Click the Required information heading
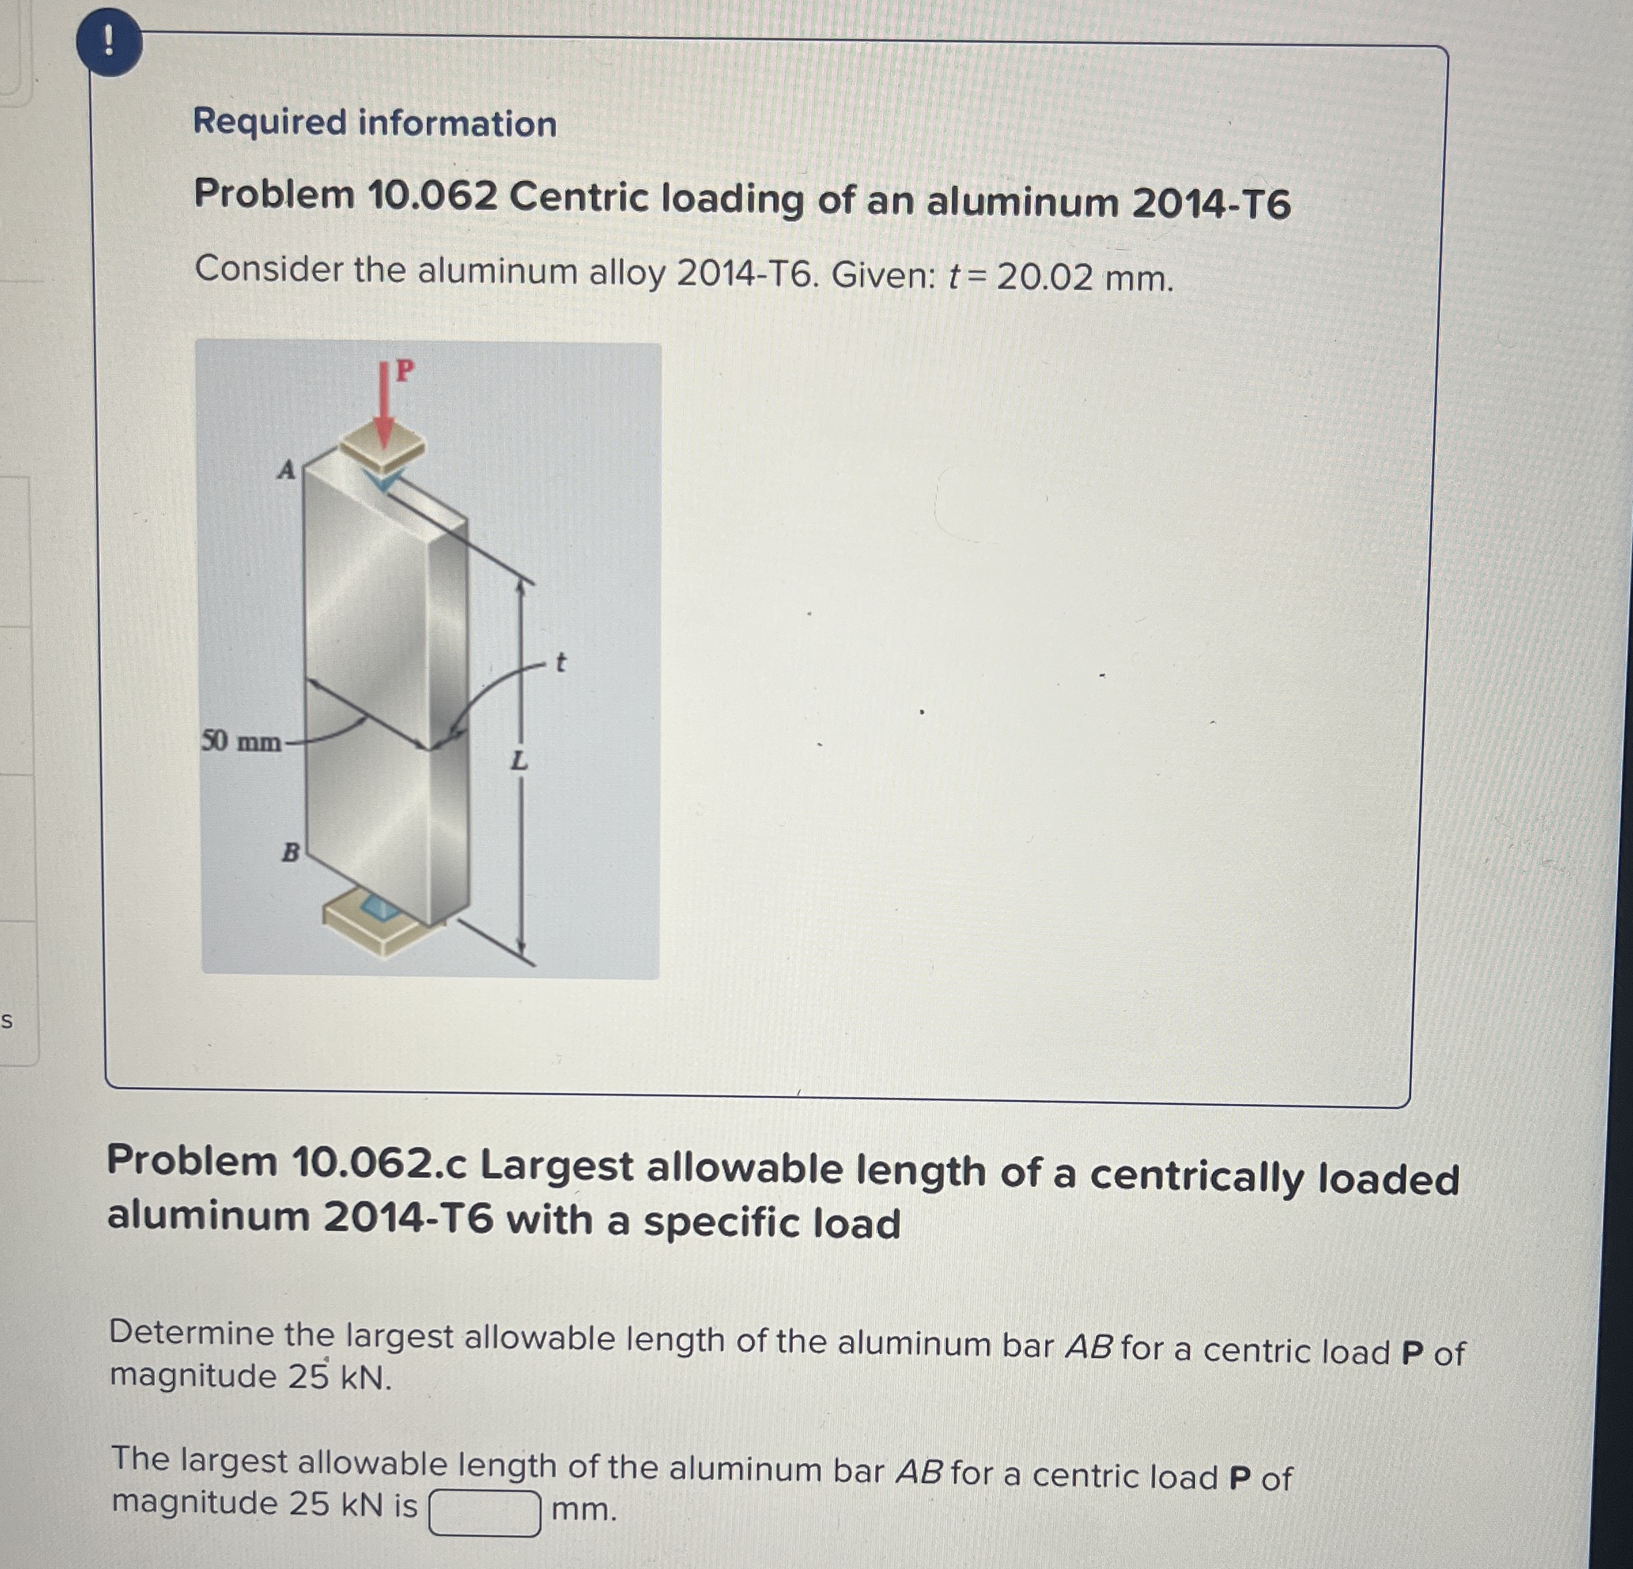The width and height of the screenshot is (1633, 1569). (x=375, y=123)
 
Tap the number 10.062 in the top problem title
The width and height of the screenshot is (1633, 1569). (x=432, y=196)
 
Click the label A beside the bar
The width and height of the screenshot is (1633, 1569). (x=286, y=471)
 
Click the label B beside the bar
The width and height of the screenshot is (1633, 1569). (x=290, y=852)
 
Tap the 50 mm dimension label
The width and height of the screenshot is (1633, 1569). (x=241, y=741)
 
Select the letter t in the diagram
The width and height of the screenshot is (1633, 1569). (x=560, y=662)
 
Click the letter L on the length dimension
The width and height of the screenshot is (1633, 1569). (x=519, y=760)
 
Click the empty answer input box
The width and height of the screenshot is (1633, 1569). (x=484, y=1513)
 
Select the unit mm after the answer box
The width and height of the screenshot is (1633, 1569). (x=584, y=1509)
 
